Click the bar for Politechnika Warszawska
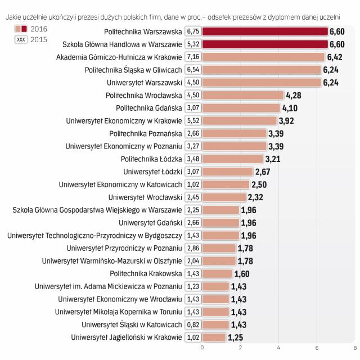pos(264,31)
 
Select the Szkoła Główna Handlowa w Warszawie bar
pos(264,44)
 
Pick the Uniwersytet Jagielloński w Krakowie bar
pos(214,337)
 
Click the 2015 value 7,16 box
pos(193,57)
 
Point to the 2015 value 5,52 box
pos(193,120)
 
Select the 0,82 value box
pos(193,325)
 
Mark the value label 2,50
pos(259,184)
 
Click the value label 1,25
pos(235,337)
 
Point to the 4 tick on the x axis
pos(278,348)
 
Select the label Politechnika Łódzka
pos(151,159)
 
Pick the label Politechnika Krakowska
pos(146,273)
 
